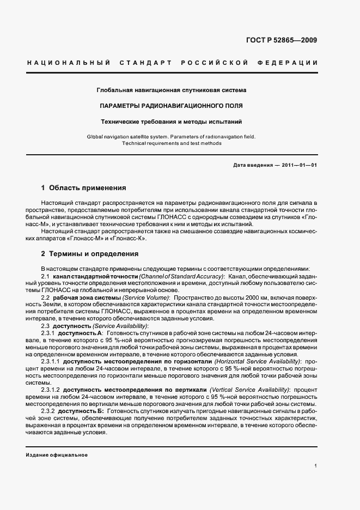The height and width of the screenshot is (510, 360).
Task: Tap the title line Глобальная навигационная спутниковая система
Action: click(172, 89)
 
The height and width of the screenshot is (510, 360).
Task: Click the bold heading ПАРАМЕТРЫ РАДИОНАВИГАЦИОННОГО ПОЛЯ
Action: click(172, 105)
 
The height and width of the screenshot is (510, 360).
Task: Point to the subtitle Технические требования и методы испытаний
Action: click(172, 122)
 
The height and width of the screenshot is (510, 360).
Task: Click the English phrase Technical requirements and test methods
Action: click(172, 143)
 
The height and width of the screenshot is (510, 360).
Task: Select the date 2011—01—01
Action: click(299, 164)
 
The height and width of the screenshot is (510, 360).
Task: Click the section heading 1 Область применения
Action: click(83, 189)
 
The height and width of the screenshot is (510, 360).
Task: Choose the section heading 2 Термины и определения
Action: click(90, 254)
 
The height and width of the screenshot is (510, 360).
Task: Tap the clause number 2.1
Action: click(45, 277)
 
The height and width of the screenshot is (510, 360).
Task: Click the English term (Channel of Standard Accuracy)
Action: click(182, 277)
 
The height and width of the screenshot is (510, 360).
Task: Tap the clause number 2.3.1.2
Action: click(50, 390)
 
